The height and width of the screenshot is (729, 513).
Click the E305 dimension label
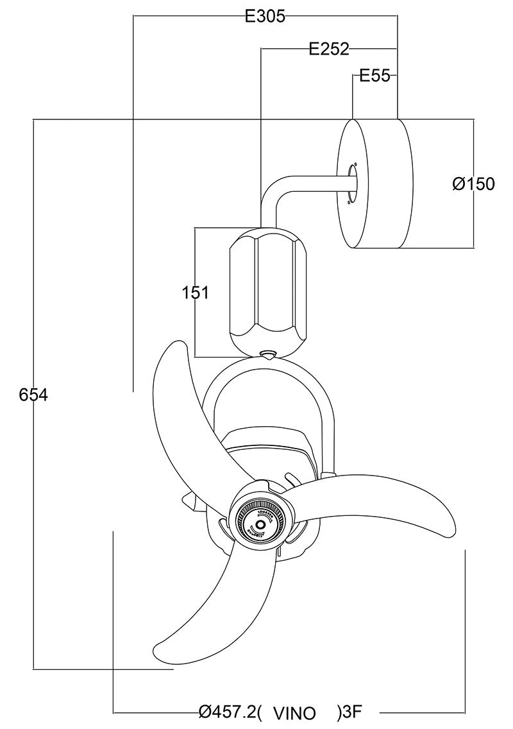(x=265, y=17)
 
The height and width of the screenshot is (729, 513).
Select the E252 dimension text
(x=328, y=49)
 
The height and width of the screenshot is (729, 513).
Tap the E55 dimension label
(x=374, y=76)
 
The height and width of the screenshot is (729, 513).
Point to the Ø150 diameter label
(x=473, y=184)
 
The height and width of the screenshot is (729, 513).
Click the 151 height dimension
(x=196, y=293)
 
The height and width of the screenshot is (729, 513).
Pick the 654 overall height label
(x=33, y=395)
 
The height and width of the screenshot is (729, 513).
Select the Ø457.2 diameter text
(x=227, y=712)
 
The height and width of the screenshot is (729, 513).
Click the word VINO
(x=294, y=713)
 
